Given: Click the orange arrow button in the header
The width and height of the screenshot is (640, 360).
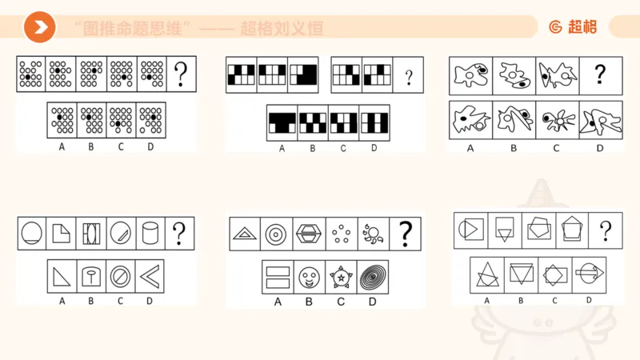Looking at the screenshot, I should pos(39,28).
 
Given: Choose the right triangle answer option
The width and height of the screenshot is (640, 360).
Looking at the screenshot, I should pos(62,277).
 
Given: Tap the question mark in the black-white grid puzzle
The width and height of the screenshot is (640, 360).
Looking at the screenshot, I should pos(409,78).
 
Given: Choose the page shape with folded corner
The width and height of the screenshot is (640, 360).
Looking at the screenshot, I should pos(62,234).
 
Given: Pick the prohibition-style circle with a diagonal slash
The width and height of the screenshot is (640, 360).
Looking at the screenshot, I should pos(121,277).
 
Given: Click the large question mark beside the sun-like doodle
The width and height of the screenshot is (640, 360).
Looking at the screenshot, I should pos(406,234).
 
